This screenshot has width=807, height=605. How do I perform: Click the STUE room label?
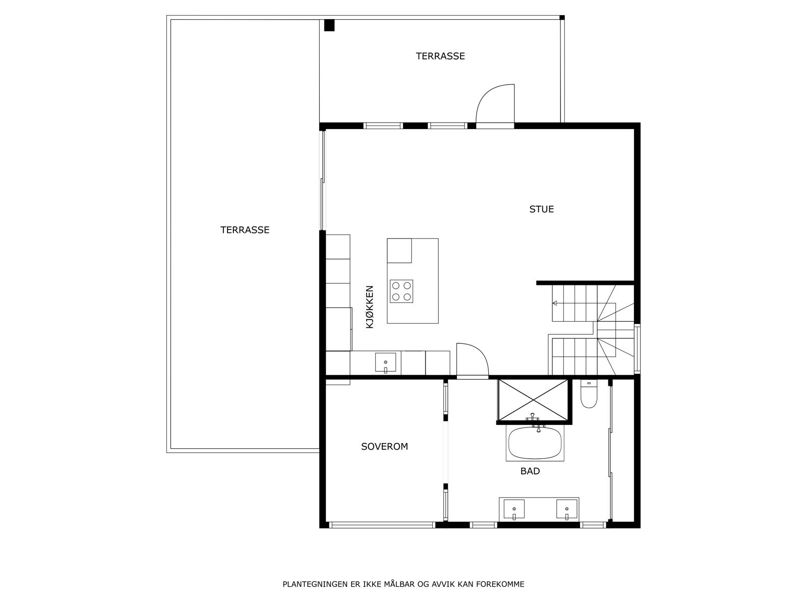click(x=541, y=209)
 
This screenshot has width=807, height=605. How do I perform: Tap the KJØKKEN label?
click(x=370, y=307)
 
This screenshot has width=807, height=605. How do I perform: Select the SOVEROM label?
click(x=384, y=446)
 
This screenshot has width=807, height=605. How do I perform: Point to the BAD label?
click(x=530, y=471)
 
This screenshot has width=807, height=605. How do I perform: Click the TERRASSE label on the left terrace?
click(x=245, y=230)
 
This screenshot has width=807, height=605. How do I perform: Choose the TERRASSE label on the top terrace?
click(x=440, y=56)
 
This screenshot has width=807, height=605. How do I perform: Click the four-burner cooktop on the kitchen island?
click(x=401, y=291)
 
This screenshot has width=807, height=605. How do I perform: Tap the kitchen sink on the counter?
click(x=385, y=362)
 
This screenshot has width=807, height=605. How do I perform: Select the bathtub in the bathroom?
click(x=535, y=443)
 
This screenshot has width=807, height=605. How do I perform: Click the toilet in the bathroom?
click(x=589, y=393)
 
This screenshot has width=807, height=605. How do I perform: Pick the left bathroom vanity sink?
click(x=513, y=509)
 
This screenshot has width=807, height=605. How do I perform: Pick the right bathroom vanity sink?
click(x=566, y=509)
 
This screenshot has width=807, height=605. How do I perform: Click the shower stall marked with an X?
click(x=533, y=400)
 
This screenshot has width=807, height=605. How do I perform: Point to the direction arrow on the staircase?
click(x=555, y=303)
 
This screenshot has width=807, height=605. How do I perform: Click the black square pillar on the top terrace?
click(x=329, y=25)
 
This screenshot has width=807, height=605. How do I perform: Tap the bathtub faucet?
click(x=535, y=421)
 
